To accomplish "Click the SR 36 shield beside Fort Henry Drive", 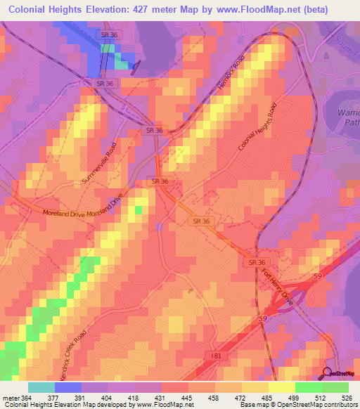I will tap(256, 261).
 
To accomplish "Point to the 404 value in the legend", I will tap(108, 396).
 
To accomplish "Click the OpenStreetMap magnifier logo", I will tap(327, 373).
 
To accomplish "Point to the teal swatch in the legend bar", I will tap(41, 387).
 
